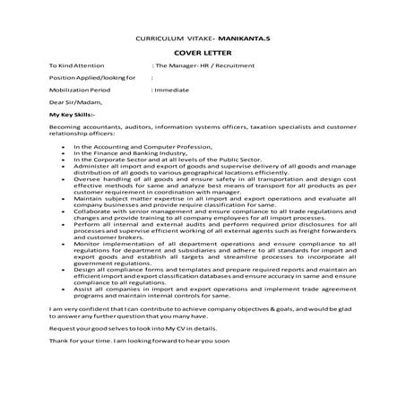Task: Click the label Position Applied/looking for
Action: click(92, 78)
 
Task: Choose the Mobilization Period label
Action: click(80, 91)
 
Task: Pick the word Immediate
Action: click(170, 91)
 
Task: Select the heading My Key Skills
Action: click(77, 116)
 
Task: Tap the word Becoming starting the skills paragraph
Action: click(65, 128)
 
